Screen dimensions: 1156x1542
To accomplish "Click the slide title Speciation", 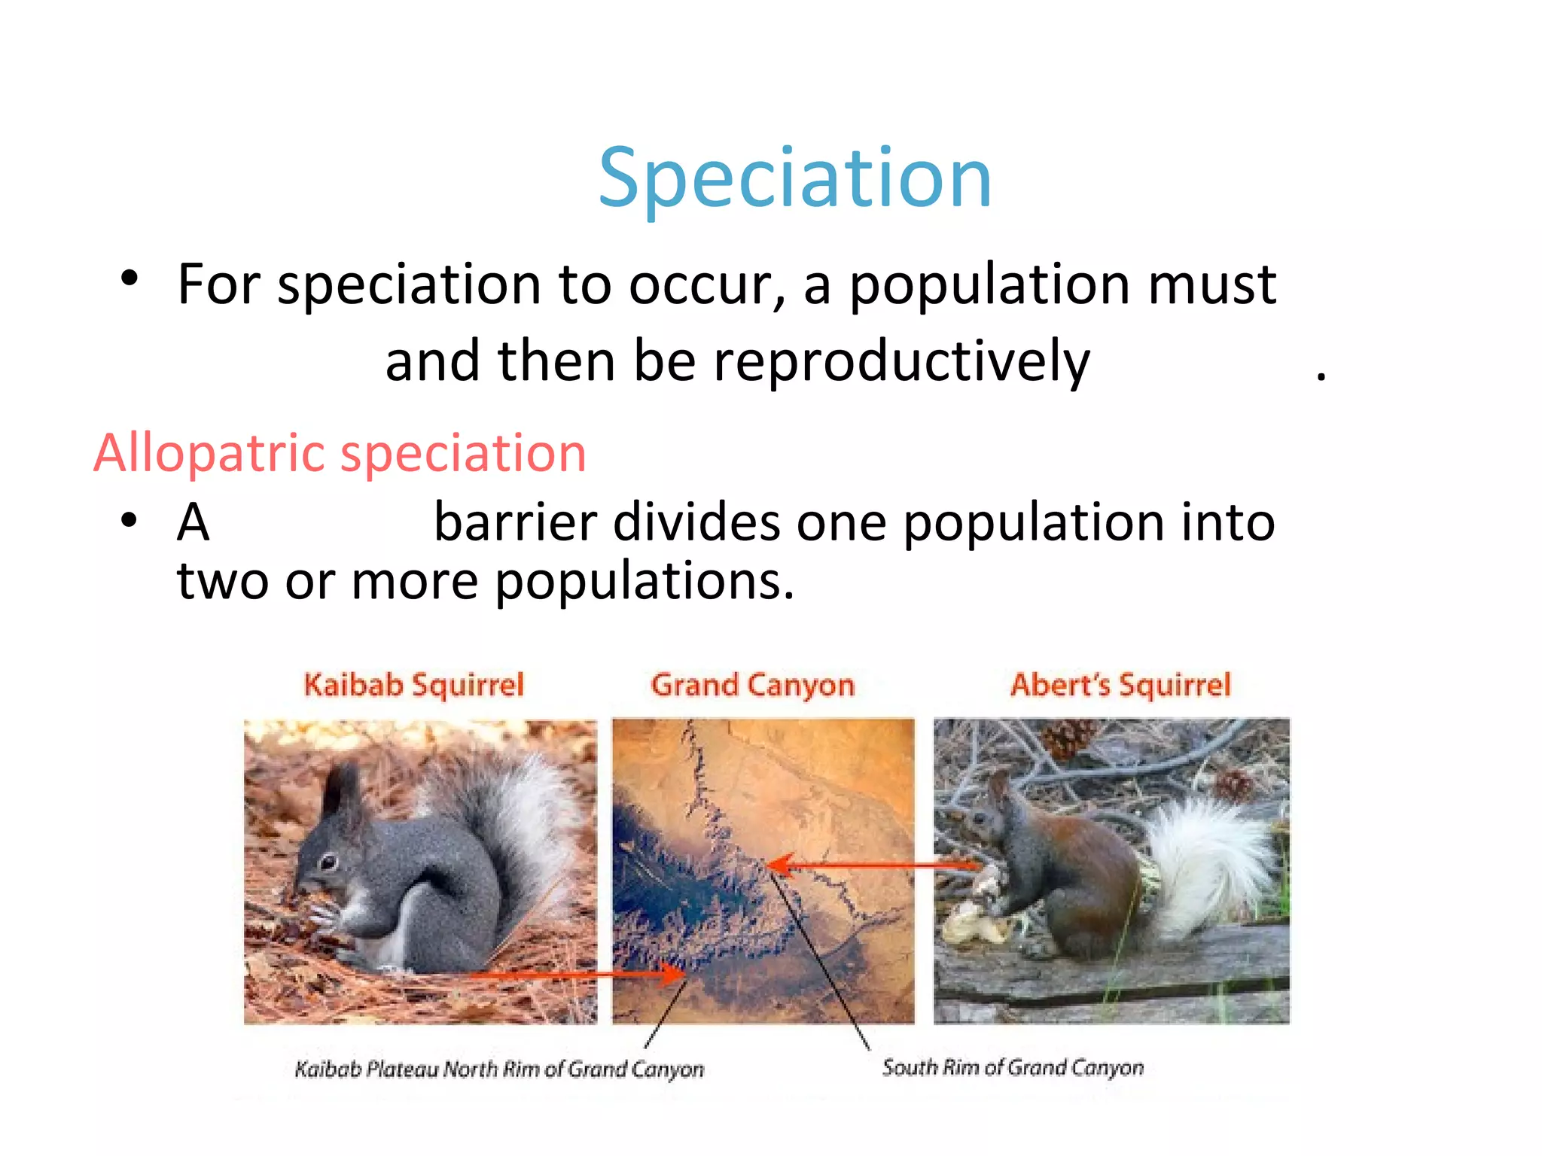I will coord(794,178).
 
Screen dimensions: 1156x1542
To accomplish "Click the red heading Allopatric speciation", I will coord(340,453).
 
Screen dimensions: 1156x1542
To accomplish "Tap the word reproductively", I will coord(901,361).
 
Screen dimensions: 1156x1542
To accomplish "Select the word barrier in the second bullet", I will coord(515,522).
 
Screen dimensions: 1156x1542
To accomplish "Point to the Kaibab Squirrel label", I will coord(413,685).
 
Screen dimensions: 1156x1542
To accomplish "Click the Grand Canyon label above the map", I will coord(753,685).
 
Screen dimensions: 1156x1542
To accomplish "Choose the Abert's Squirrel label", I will coord(1120,685).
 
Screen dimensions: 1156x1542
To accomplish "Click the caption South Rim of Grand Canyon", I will coord(1013,1067).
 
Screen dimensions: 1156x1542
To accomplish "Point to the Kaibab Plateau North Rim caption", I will coord(499,1069).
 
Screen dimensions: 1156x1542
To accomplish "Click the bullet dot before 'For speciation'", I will coord(130,278).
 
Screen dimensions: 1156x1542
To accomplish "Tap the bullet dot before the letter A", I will coord(130,520).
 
